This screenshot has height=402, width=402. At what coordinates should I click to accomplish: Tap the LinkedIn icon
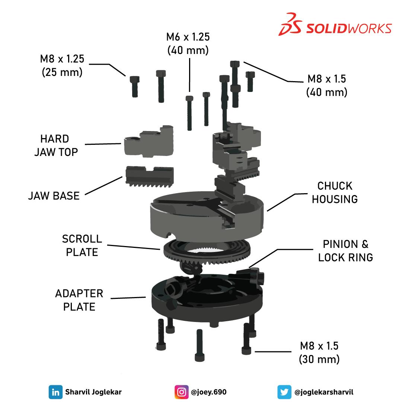pyautogui.click(x=55, y=392)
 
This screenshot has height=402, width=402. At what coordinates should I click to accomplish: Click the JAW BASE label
pyautogui.click(x=54, y=196)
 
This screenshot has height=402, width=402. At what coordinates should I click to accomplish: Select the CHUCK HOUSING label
pyautogui.click(x=335, y=192)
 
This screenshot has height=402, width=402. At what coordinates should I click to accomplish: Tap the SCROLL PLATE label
pyautogui.click(x=82, y=245)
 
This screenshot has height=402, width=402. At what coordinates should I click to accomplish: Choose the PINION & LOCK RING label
pyautogui.click(x=345, y=251)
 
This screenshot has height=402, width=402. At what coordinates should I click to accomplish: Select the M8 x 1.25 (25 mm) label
pyautogui.click(x=62, y=65)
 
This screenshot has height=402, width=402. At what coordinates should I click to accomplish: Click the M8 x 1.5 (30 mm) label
pyautogui.click(x=319, y=352)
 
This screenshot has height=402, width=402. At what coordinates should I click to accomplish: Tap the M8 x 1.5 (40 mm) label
pyautogui.click(x=327, y=85)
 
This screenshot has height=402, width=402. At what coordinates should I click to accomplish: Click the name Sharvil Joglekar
pyautogui.click(x=93, y=392)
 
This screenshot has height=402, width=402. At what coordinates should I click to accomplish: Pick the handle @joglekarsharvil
pyautogui.click(x=324, y=392)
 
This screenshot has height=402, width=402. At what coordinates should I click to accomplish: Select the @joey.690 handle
pyautogui.click(x=208, y=392)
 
